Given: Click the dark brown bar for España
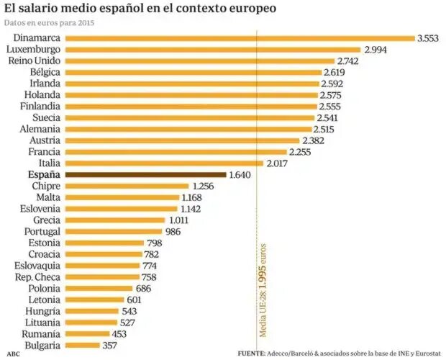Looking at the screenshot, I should tap(145, 174).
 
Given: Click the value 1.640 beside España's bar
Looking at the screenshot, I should tap(240, 174).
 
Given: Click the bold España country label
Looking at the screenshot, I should tap(43, 174).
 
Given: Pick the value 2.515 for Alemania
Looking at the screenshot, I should tap(328, 129).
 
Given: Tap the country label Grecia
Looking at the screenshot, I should tap(46, 220).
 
